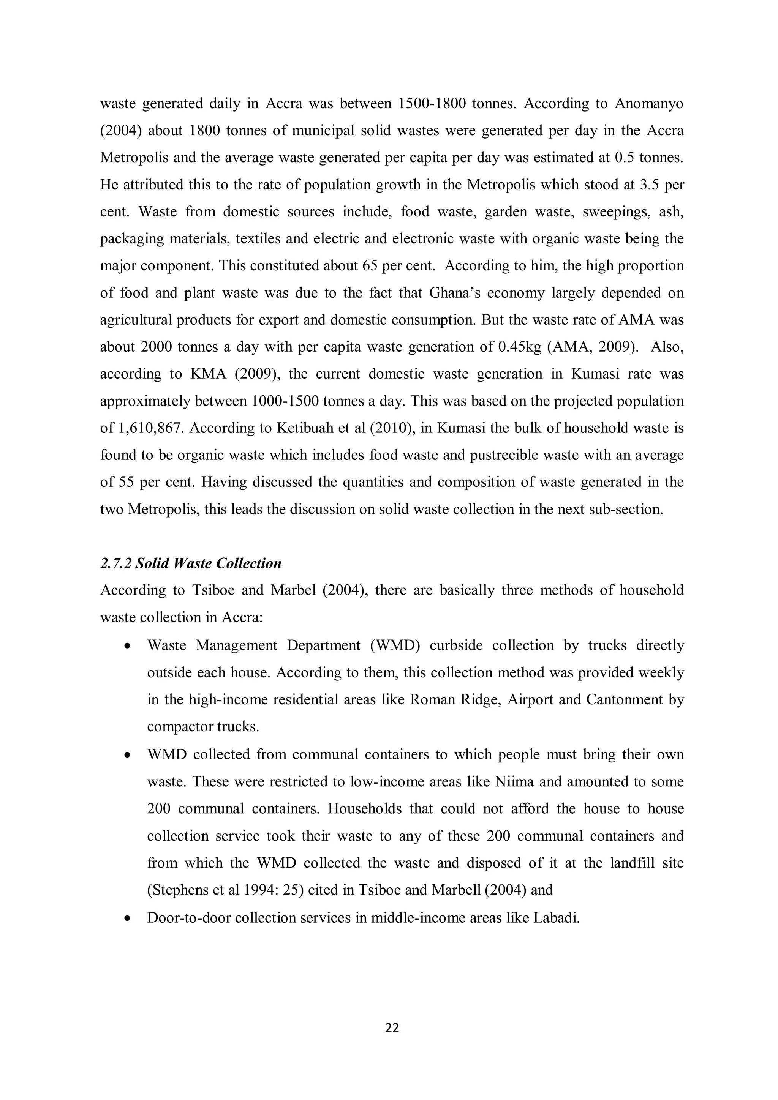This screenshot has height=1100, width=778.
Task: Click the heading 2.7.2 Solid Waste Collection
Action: tap(190, 563)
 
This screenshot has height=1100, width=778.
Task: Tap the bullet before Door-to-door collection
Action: tap(127, 919)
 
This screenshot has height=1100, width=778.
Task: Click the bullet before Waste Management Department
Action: tap(127, 646)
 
